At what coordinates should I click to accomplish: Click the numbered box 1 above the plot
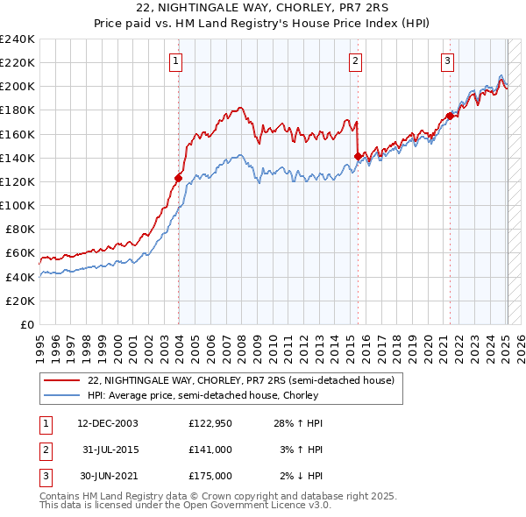point(176,60)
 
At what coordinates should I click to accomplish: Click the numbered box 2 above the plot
point(355,60)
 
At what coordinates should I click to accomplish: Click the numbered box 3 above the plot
point(447,60)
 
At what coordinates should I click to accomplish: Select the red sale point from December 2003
point(178,178)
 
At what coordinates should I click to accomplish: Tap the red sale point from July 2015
point(358,156)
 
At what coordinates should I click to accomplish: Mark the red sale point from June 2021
point(450,116)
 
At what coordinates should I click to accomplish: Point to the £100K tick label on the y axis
point(18,205)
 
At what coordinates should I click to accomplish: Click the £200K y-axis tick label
point(18,87)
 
